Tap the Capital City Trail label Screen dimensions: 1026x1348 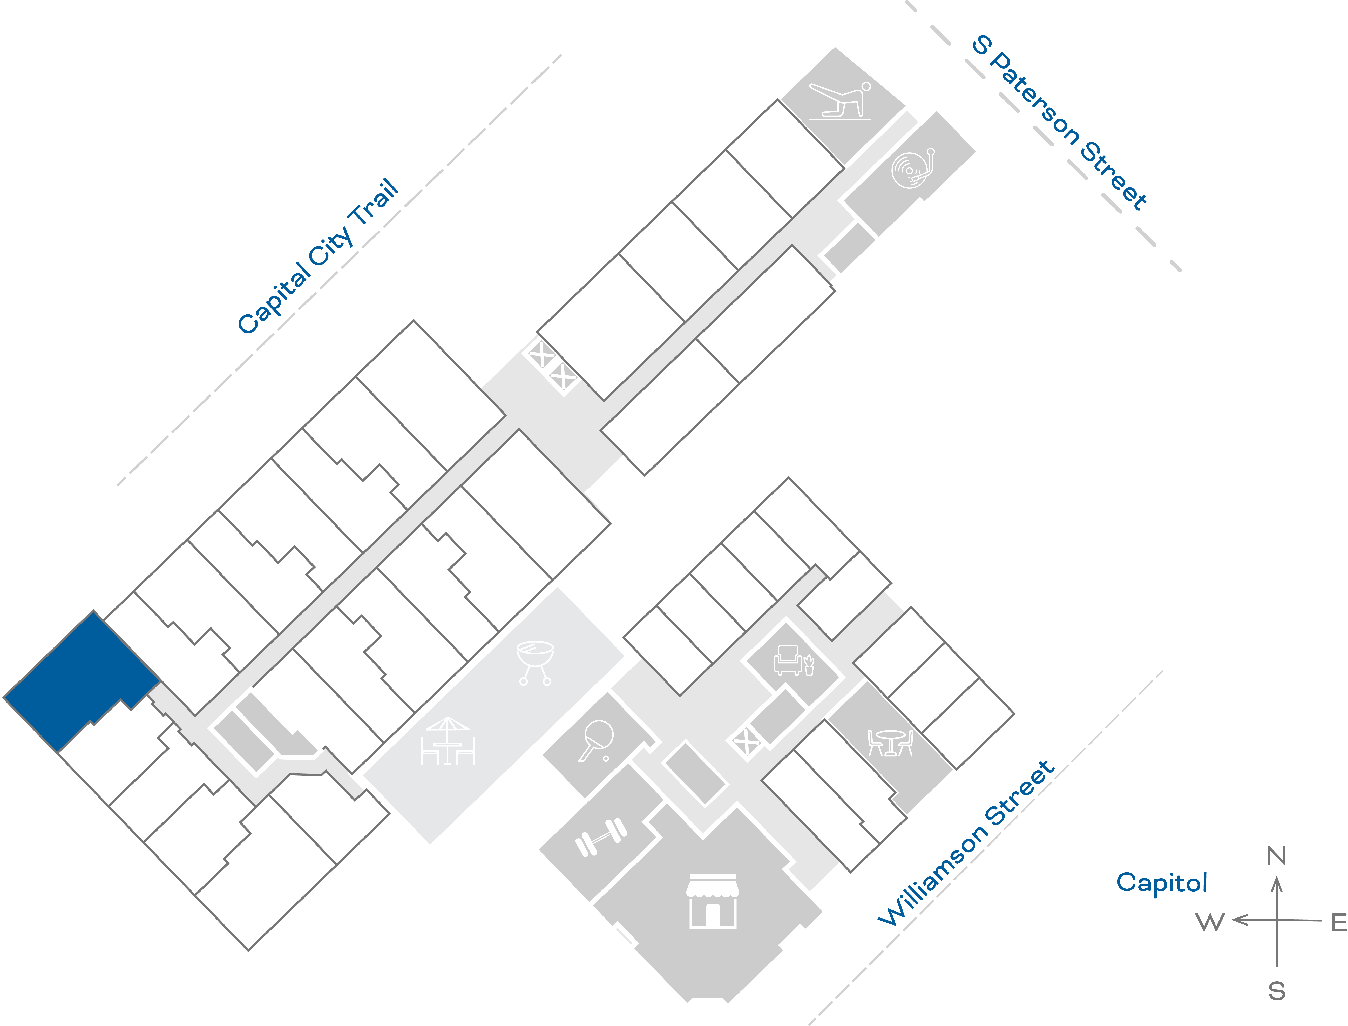click(x=317, y=256)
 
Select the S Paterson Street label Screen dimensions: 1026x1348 click(x=1059, y=122)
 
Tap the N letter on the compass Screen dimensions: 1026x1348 click(x=1276, y=856)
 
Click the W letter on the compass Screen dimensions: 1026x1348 click(x=1210, y=922)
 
